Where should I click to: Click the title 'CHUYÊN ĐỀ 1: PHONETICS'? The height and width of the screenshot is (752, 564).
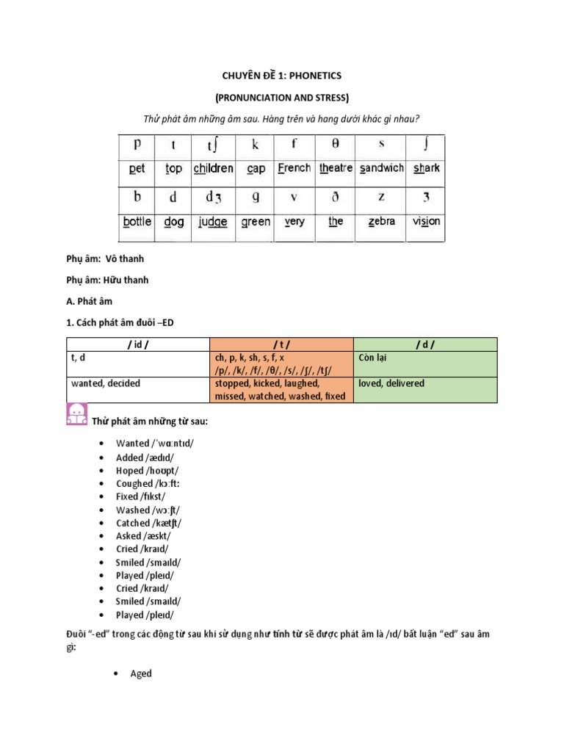click(282, 76)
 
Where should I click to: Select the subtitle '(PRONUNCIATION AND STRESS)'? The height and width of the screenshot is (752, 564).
click(282, 98)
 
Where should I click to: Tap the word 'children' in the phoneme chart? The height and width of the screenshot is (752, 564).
click(213, 168)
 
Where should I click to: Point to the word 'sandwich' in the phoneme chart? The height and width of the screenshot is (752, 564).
click(381, 168)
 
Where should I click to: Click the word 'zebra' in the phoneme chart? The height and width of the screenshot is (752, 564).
click(381, 221)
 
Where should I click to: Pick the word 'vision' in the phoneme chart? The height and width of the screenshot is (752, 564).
click(427, 221)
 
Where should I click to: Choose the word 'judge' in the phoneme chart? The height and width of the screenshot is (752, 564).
click(213, 221)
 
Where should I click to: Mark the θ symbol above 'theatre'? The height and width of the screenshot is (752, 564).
click(336, 144)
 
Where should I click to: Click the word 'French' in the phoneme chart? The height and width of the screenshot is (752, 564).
click(294, 168)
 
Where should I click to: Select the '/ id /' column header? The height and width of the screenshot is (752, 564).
click(138, 344)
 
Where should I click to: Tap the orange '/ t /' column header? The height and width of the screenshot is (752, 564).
click(282, 344)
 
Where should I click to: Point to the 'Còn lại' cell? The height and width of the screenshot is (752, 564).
click(375, 357)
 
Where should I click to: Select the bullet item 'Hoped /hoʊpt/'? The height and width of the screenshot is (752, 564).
click(147, 470)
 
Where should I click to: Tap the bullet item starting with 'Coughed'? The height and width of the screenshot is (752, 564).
click(148, 483)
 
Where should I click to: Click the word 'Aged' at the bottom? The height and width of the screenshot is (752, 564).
click(141, 673)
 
